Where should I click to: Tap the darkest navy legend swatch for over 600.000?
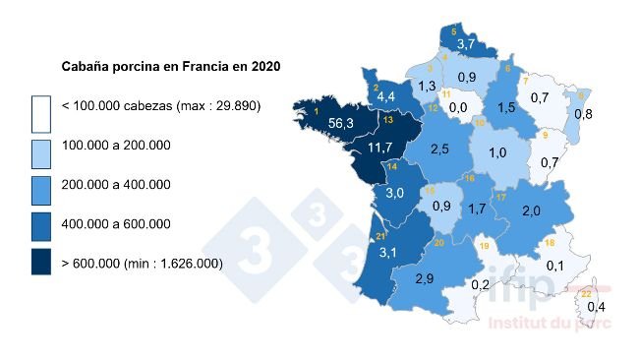click(40, 263)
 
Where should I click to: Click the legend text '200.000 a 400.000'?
click(117, 184)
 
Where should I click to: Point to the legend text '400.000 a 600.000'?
click(117, 223)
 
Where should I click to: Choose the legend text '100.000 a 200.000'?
click(117, 145)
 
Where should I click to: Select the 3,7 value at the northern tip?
click(466, 44)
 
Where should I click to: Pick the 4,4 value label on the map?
click(385, 96)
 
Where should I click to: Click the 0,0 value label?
click(458, 106)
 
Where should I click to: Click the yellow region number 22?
click(586, 293)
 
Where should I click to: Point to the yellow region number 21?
click(380, 237)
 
